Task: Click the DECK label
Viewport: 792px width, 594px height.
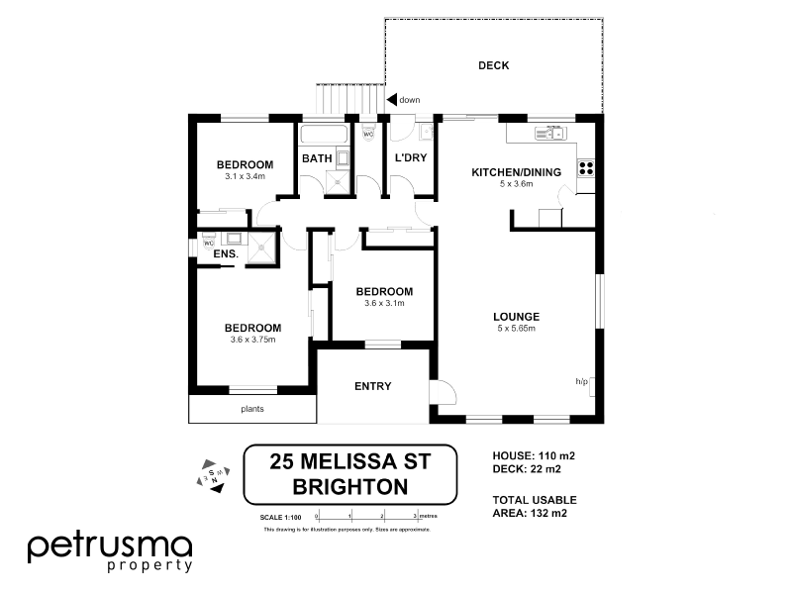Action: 493,66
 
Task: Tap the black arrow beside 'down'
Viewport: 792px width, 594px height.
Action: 391,99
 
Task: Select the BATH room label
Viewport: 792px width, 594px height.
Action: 317,158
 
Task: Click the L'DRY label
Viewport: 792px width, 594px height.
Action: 410,158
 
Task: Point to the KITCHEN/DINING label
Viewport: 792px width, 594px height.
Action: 516,172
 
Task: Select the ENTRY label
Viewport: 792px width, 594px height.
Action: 372,386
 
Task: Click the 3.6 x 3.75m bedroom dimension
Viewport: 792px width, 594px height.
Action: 251,340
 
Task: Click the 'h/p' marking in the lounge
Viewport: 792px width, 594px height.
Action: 581,381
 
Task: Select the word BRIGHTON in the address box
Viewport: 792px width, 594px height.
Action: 350,486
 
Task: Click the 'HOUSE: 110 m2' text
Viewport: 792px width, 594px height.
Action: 534,455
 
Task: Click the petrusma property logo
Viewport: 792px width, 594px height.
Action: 110,550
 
